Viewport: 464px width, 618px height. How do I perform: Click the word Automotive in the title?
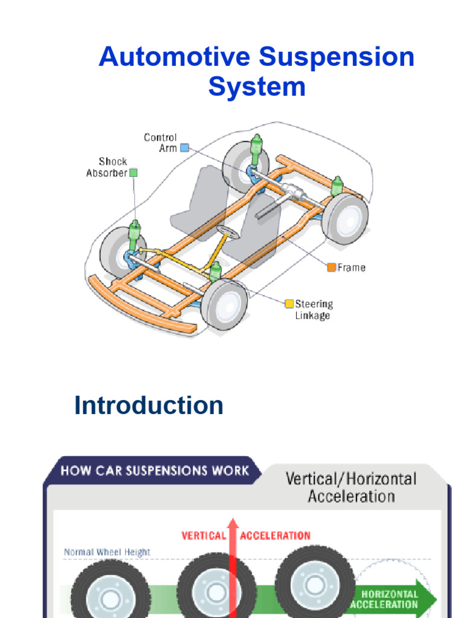(x=175, y=57)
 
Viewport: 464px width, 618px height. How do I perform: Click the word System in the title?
(x=257, y=86)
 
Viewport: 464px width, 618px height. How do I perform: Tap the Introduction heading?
(x=149, y=405)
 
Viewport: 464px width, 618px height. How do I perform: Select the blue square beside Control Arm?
(x=185, y=147)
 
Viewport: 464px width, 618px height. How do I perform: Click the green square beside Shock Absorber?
(x=134, y=173)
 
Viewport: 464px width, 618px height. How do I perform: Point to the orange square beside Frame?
(x=331, y=267)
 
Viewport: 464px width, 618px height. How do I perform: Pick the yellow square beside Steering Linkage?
(x=289, y=304)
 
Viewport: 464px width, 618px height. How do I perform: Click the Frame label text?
(x=352, y=267)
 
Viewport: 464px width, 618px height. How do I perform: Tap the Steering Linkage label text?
(x=314, y=310)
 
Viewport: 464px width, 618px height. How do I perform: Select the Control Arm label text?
(x=160, y=142)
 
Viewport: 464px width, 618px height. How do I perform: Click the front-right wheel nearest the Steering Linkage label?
(x=224, y=304)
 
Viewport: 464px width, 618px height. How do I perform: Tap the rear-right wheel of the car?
(x=344, y=217)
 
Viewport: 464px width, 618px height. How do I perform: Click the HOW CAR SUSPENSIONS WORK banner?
(x=155, y=471)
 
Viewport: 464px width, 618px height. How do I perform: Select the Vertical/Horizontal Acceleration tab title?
(x=350, y=488)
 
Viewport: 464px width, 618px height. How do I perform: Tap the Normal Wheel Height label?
(x=107, y=552)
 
